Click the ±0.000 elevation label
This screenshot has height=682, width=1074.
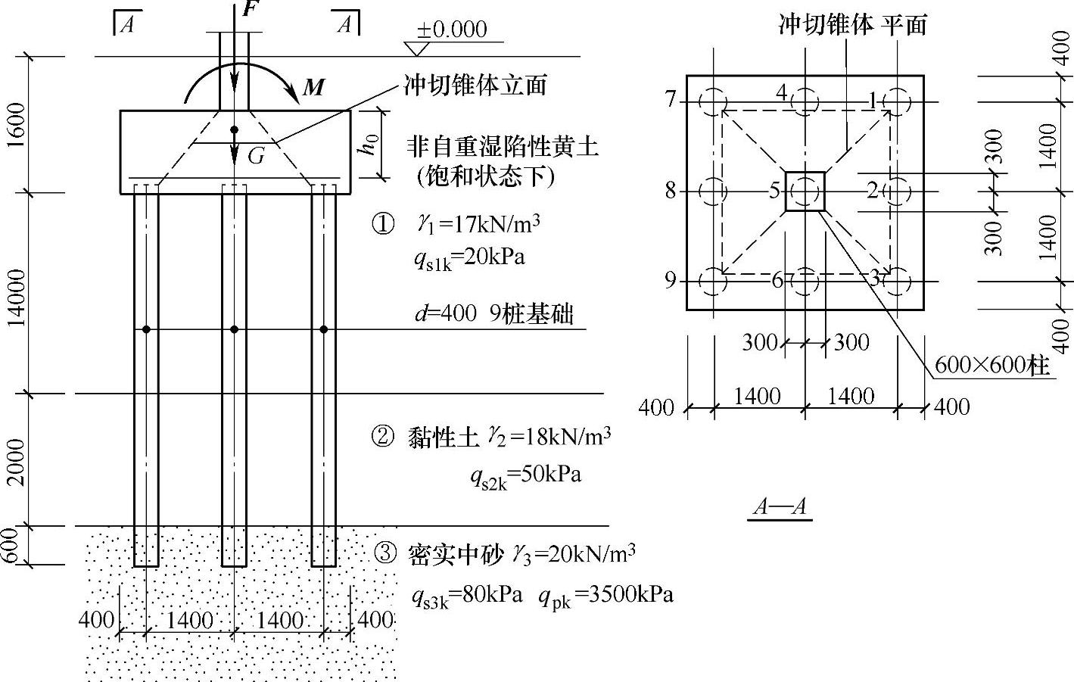click(x=451, y=30)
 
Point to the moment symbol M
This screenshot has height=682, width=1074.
click(x=313, y=88)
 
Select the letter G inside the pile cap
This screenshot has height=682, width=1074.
click(x=257, y=156)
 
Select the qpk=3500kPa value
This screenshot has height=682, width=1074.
click(x=605, y=595)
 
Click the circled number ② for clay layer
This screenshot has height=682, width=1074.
click(x=383, y=437)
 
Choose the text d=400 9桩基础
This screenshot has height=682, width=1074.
click(x=493, y=313)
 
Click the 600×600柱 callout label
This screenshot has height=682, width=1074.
click(x=992, y=366)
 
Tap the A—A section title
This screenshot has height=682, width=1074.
click(x=780, y=506)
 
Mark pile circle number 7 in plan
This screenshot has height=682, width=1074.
click(x=713, y=102)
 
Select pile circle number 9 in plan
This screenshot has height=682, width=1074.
click(x=713, y=282)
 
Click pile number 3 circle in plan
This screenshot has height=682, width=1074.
click(x=898, y=282)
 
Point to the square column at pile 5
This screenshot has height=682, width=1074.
click(x=805, y=191)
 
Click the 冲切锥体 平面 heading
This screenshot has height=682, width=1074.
click(x=853, y=25)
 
